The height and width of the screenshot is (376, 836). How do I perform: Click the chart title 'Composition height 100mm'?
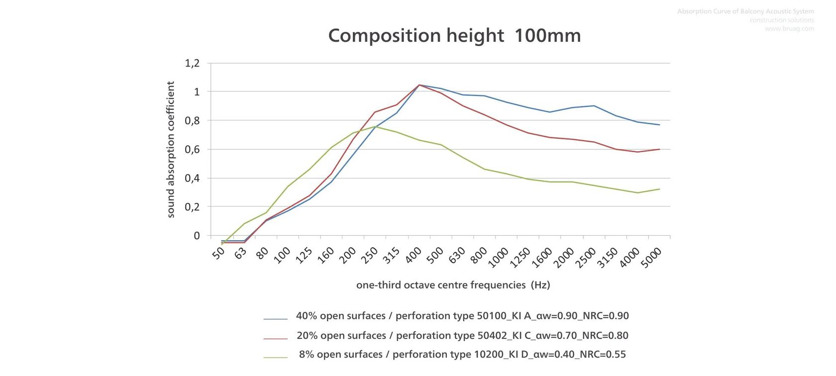tap(454, 36)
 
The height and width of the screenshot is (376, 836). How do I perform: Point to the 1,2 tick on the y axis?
tap(192, 63)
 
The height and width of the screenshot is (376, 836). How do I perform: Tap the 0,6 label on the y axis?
tap(192, 149)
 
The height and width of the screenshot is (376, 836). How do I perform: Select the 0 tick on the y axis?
tap(197, 235)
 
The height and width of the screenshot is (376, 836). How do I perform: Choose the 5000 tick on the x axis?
tap(651, 258)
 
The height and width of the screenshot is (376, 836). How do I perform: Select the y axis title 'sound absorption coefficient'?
tap(171, 149)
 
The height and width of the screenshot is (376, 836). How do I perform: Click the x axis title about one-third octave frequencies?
tap(453, 285)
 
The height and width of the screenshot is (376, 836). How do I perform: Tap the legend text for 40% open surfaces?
tap(462, 316)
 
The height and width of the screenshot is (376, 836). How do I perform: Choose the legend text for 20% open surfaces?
tap(462, 336)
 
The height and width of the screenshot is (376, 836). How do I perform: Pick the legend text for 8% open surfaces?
tap(462, 355)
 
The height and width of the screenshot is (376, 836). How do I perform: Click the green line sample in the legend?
tap(275, 357)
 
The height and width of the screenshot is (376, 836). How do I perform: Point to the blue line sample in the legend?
tap(275, 318)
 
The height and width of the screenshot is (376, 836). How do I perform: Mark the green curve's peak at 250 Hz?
tap(375, 126)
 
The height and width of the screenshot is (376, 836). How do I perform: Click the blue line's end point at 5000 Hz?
tap(659, 125)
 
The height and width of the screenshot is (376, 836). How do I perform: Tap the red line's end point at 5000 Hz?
tap(659, 149)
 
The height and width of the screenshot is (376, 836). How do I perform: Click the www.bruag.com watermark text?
tap(789, 29)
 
